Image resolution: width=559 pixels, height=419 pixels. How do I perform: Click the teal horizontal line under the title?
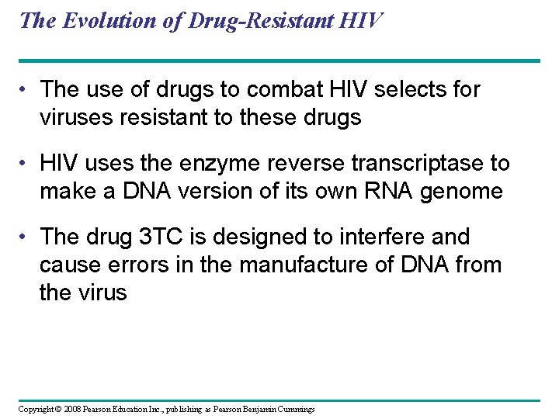[279, 61]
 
